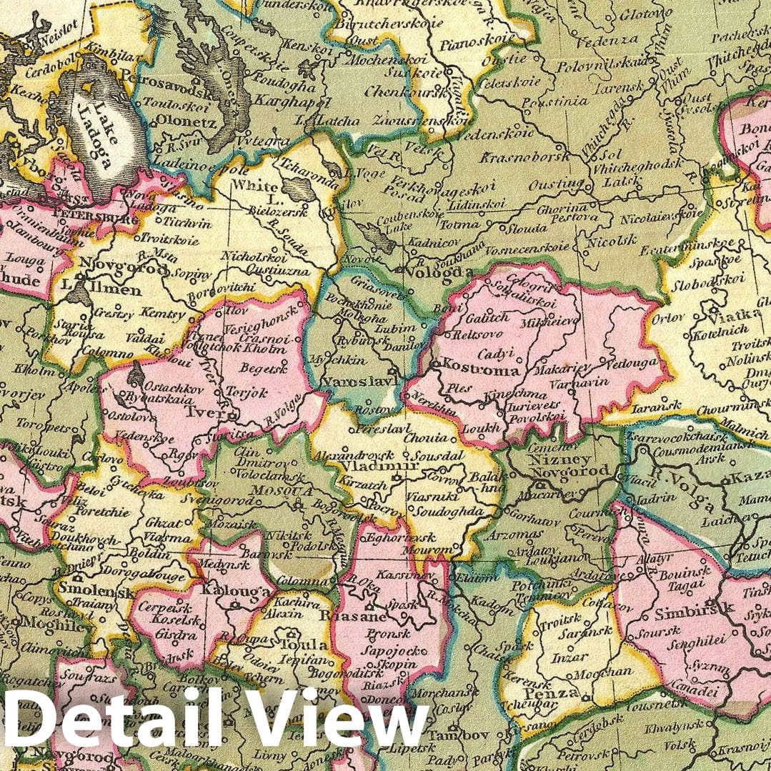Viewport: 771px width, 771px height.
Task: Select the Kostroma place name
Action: (x=471, y=371)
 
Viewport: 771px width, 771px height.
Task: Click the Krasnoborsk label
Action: (x=525, y=157)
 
